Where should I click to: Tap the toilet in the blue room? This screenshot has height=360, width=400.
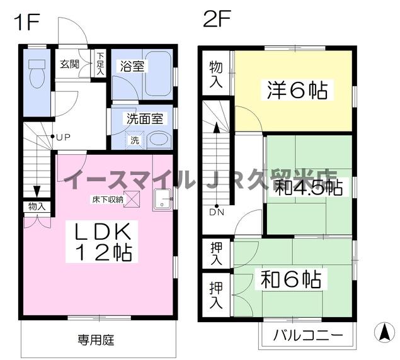(37, 73)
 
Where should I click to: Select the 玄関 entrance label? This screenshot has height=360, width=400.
(70, 64)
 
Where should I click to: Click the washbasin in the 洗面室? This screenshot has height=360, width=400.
(159, 140)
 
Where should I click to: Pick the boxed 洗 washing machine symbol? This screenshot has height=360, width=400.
(135, 140)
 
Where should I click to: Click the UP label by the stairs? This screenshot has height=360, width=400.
(63, 137)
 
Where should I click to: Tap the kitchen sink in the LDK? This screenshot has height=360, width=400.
(161, 200)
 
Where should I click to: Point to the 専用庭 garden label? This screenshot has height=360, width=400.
(96, 340)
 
